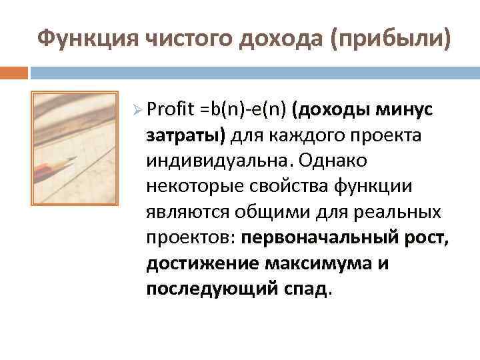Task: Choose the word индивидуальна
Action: click(x=219, y=161)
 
